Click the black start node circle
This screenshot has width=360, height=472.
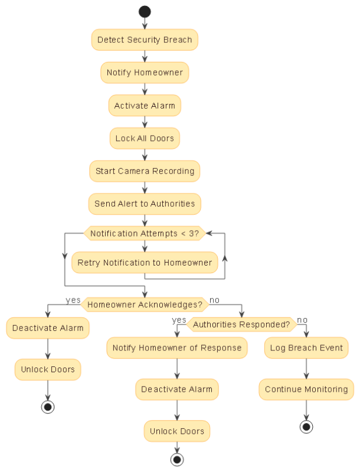145,12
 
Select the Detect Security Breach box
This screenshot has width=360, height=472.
145,40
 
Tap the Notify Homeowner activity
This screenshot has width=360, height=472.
145,73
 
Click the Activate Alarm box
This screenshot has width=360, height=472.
145,106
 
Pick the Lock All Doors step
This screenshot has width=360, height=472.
145,138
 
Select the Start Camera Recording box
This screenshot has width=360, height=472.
145,171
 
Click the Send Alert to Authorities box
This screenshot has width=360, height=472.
145,204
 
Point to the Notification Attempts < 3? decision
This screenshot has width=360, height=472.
145,234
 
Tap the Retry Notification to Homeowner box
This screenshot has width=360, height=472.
145,263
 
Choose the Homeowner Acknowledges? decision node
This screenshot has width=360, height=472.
145,305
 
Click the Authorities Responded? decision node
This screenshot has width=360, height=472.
241,324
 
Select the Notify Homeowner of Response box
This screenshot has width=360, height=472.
177,348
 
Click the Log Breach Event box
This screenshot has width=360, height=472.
306,348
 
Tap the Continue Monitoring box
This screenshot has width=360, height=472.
306,389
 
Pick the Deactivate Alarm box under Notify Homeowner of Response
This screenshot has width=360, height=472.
177,389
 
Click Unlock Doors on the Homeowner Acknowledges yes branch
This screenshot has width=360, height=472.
48,369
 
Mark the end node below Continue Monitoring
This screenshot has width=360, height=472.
306,427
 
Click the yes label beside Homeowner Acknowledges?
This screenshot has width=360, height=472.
73,300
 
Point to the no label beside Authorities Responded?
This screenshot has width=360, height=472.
302,320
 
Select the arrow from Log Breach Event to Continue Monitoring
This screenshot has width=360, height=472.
306,369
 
